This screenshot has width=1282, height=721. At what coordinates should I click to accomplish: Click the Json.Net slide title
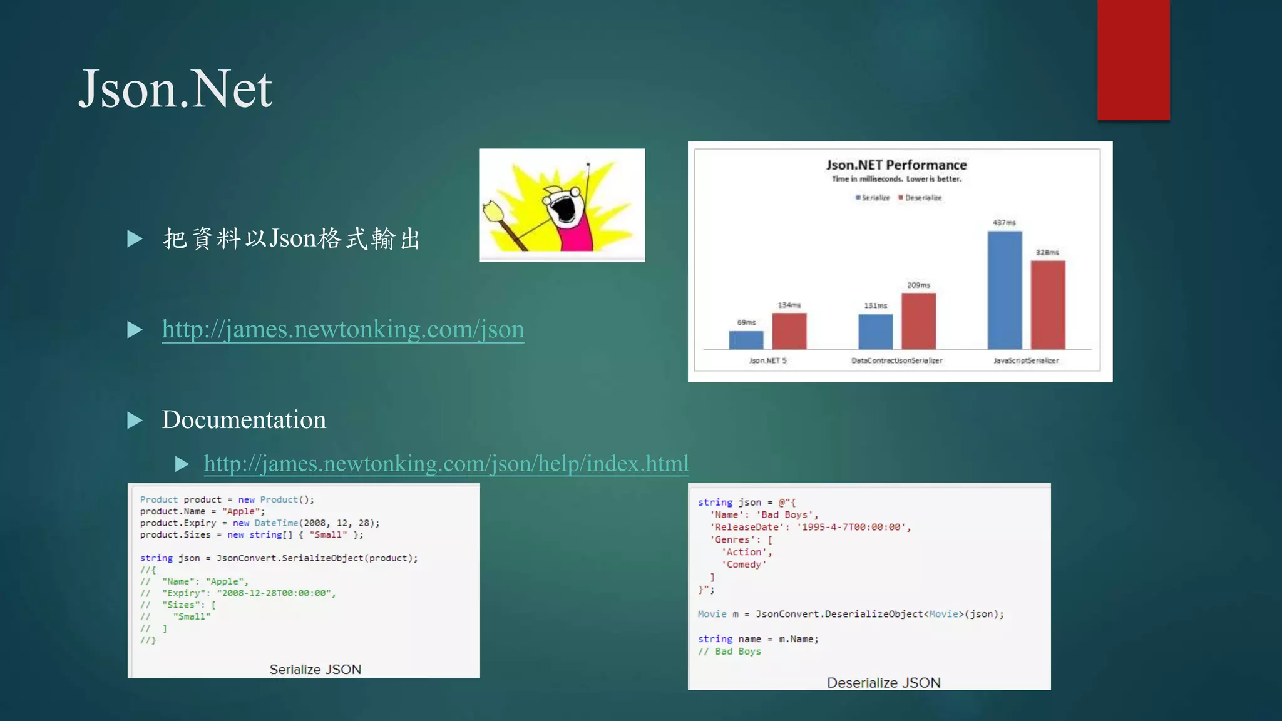click(175, 89)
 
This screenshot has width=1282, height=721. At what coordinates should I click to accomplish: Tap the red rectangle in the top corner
click(1133, 59)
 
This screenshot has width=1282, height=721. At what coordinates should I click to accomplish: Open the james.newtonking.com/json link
click(343, 329)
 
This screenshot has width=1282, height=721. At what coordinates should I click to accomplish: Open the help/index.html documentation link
click(446, 464)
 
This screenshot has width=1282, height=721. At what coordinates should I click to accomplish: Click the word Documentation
click(244, 420)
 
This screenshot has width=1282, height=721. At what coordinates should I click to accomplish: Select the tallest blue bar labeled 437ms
click(1005, 290)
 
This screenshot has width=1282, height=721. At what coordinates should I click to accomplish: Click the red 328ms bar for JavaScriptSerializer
click(1047, 305)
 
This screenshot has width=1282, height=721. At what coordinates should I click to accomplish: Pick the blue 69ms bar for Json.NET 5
click(746, 340)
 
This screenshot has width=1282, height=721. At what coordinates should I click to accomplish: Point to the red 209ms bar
click(918, 320)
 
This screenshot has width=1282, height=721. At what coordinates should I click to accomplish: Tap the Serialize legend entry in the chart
click(874, 198)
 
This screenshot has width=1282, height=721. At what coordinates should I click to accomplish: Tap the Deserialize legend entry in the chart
click(921, 198)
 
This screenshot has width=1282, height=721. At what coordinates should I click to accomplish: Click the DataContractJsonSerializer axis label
click(896, 360)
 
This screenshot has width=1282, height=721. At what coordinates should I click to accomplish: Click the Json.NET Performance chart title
click(896, 165)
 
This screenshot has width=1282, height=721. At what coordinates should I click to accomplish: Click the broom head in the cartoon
click(494, 211)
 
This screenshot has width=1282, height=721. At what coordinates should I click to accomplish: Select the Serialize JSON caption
click(315, 670)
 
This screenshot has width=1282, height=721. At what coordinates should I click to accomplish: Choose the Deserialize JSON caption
click(883, 683)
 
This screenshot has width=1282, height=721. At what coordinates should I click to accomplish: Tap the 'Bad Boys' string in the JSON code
click(786, 515)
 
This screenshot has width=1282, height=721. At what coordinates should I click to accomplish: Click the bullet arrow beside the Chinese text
click(135, 238)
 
